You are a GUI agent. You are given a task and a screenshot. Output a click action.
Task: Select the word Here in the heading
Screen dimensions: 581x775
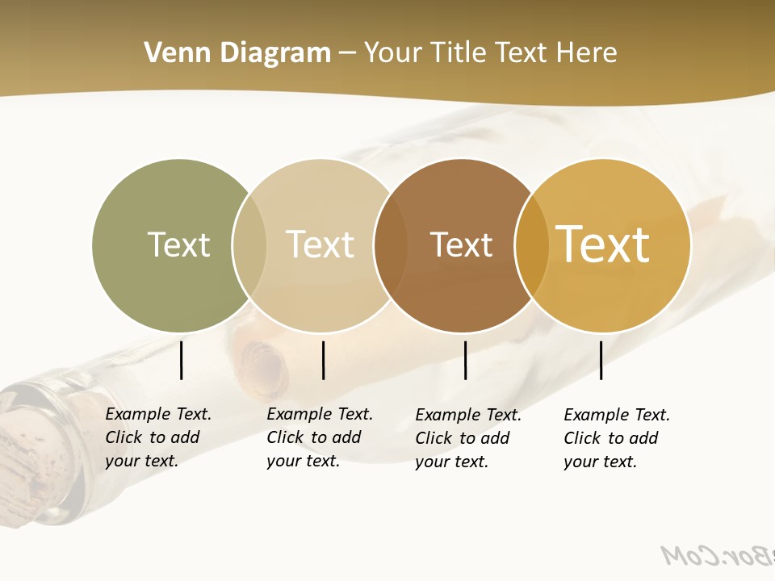pyautogui.click(x=587, y=53)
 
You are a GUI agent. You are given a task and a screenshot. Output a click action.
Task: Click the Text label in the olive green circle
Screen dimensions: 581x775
pyautogui.click(x=178, y=245)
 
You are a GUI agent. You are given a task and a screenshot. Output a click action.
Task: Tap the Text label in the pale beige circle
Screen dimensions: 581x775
pyautogui.click(x=320, y=245)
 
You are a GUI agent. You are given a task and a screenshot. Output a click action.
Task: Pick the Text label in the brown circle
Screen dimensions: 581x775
pyautogui.click(x=461, y=245)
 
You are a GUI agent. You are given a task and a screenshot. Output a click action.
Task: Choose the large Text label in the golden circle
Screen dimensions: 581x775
pyautogui.click(x=603, y=245)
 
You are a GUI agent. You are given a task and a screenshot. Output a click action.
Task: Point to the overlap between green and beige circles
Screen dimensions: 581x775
pyautogui.click(x=249, y=245)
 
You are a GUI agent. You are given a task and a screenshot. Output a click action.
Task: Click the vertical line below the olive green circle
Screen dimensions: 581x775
pyautogui.click(x=181, y=360)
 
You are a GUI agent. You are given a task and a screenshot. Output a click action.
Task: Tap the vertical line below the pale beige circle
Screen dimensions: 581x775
pyautogui.click(x=323, y=360)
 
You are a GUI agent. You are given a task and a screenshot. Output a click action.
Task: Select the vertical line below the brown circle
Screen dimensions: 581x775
pyautogui.click(x=465, y=360)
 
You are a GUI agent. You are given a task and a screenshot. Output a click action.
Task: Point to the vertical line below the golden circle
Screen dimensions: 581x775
pyautogui.click(x=601, y=360)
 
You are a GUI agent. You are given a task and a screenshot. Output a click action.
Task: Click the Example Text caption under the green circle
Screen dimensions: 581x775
pyautogui.click(x=157, y=437)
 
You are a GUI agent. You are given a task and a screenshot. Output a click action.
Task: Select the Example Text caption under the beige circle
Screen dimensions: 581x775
pyautogui.click(x=319, y=437)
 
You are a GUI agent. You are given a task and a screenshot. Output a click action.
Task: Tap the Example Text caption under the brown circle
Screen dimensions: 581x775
pyautogui.click(x=467, y=438)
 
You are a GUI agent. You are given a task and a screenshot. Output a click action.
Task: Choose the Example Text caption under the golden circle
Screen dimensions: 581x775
pyautogui.click(x=616, y=438)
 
